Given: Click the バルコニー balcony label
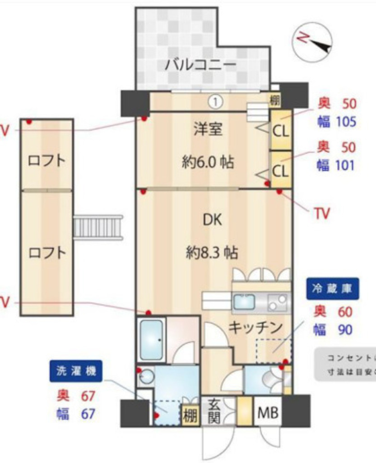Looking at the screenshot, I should click(200, 64).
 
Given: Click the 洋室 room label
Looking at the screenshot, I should click(208, 129).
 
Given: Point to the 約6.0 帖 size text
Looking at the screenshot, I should click(208, 161).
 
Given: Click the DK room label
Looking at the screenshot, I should click(212, 220).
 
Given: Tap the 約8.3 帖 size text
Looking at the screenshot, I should click(212, 252).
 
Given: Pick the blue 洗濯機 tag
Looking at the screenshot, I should click(76, 371).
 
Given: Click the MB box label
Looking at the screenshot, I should click(268, 412).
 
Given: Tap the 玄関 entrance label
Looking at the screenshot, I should click(214, 411).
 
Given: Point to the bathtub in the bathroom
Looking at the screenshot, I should click(151, 339).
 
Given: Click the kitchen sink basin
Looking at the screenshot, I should click(244, 302).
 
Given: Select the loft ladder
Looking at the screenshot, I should click(98, 227).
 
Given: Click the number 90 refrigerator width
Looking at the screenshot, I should click(345, 330).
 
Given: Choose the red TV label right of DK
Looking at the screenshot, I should click(321, 212).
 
